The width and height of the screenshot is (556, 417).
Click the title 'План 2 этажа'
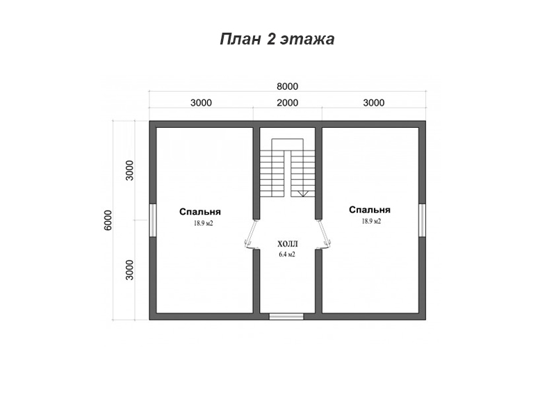click(277, 39)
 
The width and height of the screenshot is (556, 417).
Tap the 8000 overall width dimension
click(287, 86)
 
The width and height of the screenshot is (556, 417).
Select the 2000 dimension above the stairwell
click(287, 103)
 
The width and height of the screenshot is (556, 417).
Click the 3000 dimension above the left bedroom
click(201, 103)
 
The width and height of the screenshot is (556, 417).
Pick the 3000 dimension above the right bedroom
click(374, 103)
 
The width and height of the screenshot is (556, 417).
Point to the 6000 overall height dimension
click(108, 220)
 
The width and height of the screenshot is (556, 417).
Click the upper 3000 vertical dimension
click(130, 170)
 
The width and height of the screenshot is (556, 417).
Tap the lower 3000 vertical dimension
click(130, 270)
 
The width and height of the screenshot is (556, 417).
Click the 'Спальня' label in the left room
click(200, 212)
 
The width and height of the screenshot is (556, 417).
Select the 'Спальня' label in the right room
click(370, 210)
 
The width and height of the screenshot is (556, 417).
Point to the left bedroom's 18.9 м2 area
click(203, 223)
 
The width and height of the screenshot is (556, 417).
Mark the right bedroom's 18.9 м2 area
click(371, 221)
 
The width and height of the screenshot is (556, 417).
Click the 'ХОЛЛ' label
click(288, 244)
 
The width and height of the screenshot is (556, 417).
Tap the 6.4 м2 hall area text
click(287, 254)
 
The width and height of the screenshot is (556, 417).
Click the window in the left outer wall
click(152, 220)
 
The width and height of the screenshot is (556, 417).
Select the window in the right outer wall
click(422, 220)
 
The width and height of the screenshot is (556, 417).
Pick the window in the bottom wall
click(286, 316)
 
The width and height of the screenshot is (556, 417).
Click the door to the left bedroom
click(252, 234)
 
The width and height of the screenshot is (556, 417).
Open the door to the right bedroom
click(323, 234)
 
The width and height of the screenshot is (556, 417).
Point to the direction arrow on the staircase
click(303, 194)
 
